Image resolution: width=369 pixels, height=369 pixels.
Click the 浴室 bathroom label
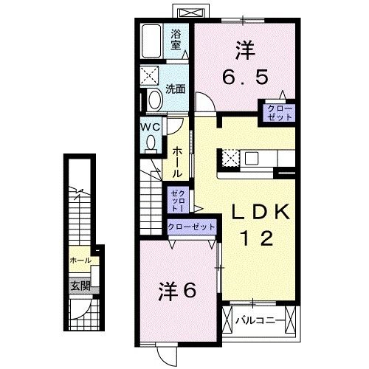click(176, 38)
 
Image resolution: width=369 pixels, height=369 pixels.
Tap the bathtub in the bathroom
click(154, 43)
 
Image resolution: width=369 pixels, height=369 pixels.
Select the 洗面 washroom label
click(175, 90)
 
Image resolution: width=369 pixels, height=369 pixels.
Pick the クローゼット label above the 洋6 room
click(192, 227)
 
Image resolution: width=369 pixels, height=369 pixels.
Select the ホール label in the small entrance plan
click(80, 261)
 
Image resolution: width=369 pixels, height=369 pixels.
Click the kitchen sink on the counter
click(252, 158)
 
